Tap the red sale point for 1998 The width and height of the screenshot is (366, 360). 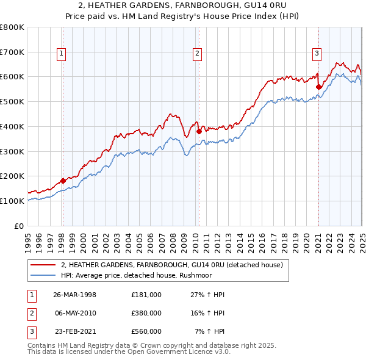(63, 181)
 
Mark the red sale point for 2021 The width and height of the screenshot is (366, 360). (318, 87)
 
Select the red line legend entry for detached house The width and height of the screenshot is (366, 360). (171, 265)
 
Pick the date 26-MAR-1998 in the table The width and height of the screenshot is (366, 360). (75, 295)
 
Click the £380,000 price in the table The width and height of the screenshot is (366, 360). (146, 313)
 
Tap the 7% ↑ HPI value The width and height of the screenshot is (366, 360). (210, 331)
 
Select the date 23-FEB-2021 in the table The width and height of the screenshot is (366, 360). (75, 331)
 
